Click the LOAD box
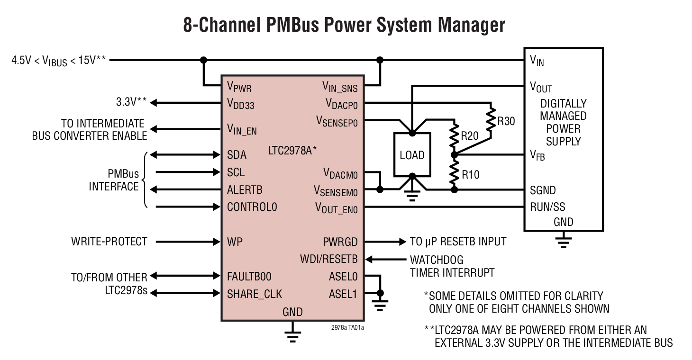[412, 155]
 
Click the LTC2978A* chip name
[292, 150]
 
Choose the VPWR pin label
[239, 87]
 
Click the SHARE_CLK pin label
[255, 294]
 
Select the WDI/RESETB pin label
[328, 259]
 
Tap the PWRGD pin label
[340, 242]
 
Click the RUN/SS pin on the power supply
[547, 207]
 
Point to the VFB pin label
[537, 155]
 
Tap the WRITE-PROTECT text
[109, 242]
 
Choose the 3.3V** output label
[131, 102]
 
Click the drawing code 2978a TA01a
[347, 327]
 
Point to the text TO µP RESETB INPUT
[458, 242]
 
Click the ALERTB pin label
[245, 190]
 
